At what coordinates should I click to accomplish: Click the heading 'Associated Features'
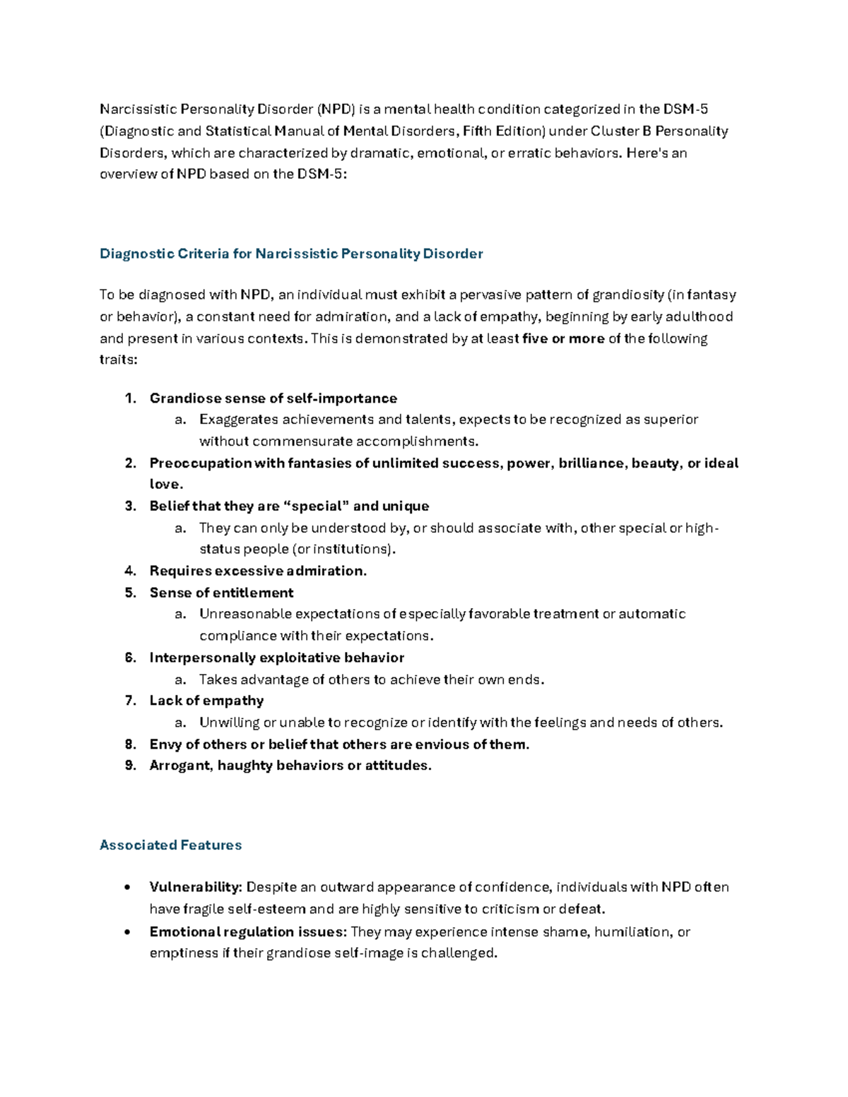170,845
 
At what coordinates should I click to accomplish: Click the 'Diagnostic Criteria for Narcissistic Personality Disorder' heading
291,254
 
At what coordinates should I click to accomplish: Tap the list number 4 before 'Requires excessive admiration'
130,571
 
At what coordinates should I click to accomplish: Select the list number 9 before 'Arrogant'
130,766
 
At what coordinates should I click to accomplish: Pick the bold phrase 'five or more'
563,338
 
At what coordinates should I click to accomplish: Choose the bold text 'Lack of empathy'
206,701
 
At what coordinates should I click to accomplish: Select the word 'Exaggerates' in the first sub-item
239,420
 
